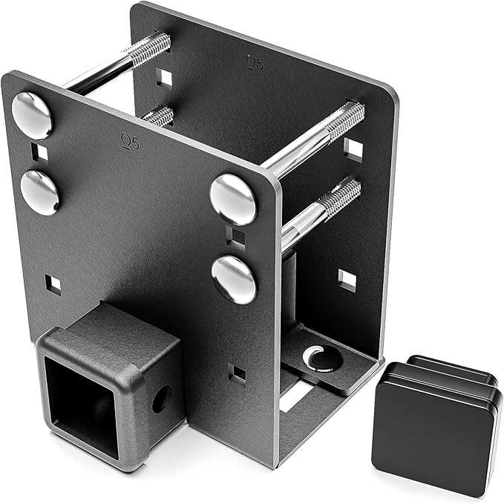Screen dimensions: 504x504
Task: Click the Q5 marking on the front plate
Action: click(x=130, y=141)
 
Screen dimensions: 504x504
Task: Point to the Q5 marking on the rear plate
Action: click(x=255, y=64)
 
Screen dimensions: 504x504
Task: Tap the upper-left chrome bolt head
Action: click(x=32, y=115)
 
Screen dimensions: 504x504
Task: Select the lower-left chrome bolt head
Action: click(x=39, y=192)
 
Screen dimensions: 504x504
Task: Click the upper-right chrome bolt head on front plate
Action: click(x=233, y=199)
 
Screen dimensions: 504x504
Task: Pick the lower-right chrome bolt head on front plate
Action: click(x=234, y=279)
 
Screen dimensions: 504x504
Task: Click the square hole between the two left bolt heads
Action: click(x=39, y=153)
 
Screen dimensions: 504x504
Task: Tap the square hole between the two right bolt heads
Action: click(x=235, y=238)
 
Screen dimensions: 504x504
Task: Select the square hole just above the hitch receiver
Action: click(x=53, y=284)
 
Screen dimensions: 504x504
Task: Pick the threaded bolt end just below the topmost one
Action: click(x=158, y=116)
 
